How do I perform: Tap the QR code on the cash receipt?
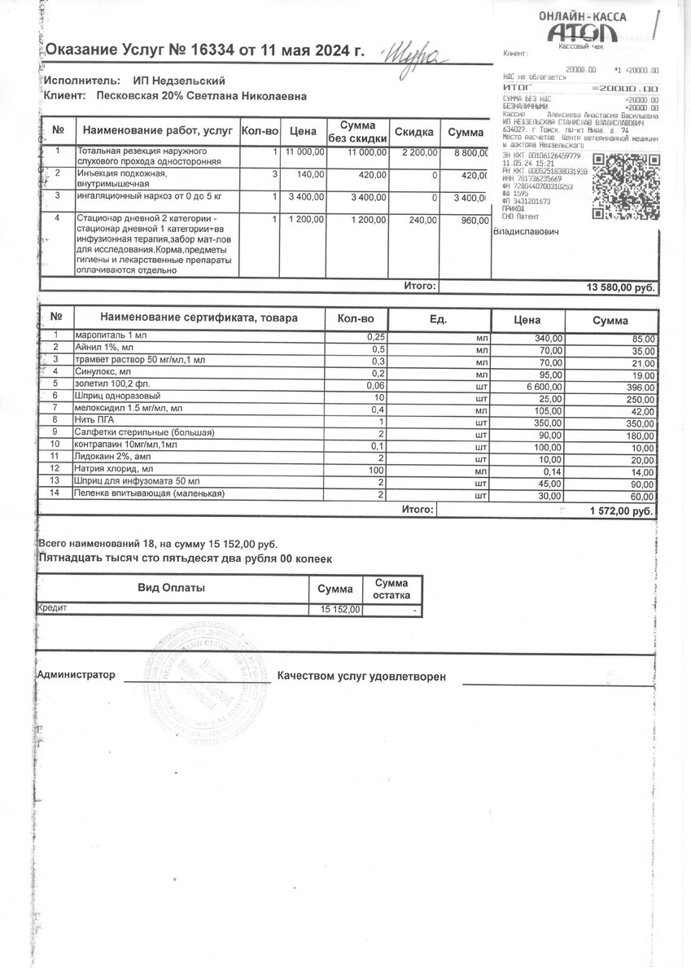[622, 186]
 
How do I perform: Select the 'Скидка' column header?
[414, 131]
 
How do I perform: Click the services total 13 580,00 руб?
[620, 287]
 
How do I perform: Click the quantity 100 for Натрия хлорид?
[374, 470]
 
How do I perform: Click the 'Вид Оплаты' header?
[171, 588]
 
